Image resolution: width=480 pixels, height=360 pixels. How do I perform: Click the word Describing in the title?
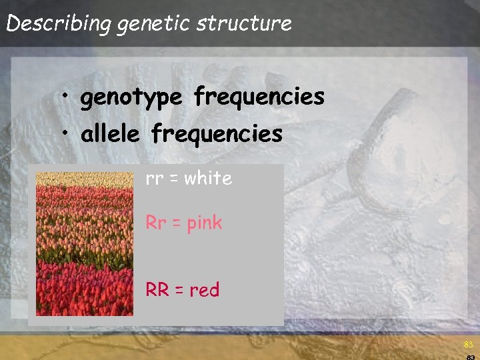[x=59, y=24]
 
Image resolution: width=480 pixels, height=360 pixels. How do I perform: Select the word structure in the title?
[x=245, y=24]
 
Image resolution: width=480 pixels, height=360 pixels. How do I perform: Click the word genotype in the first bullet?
[x=131, y=98]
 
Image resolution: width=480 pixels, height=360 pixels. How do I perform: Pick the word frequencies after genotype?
[x=259, y=97]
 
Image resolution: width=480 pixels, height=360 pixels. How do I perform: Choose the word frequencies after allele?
[x=217, y=134]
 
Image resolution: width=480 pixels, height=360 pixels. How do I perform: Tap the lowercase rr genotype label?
[x=155, y=179]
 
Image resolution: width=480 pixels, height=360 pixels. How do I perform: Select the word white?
[x=209, y=178]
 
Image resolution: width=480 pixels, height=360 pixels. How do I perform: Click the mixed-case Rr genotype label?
[x=156, y=223]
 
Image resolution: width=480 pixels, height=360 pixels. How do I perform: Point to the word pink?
[x=204, y=223]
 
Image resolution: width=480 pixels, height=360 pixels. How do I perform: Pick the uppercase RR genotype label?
[x=157, y=290]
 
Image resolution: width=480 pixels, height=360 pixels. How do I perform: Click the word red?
[x=205, y=290]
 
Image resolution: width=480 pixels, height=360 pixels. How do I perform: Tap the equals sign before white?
[x=175, y=179]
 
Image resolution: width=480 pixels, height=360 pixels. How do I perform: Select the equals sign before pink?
[x=177, y=223]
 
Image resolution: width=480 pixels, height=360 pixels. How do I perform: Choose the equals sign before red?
[x=179, y=291]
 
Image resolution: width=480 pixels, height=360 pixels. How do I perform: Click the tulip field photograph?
[x=85, y=244]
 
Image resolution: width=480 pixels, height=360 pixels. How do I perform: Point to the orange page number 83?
[x=468, y=345]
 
